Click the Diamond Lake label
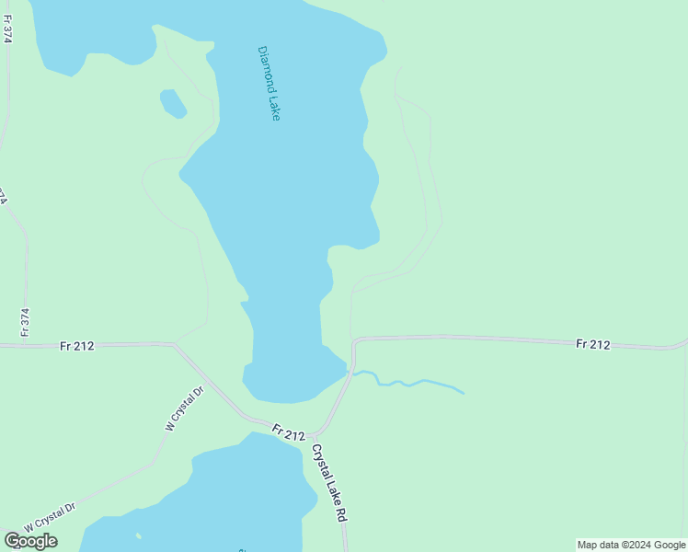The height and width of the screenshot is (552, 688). click(269, 84)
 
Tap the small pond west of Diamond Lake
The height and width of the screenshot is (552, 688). click(173, 103)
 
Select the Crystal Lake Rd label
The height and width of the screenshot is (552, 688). click(328, 483)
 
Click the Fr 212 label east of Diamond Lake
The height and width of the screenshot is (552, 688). click(593, 344)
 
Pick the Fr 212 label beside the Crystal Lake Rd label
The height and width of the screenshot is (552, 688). click(288, 432)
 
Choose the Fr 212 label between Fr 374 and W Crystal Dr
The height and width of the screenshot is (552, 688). click(77, 346)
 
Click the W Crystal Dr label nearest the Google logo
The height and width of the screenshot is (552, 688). click(50, 516)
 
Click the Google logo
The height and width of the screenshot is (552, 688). click(30, 541)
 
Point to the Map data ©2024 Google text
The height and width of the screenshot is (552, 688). click(631, 545)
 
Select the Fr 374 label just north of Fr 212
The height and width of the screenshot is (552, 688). click(26, 320)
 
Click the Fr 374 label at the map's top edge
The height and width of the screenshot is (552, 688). click(8, 33)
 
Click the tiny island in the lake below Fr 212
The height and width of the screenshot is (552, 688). click(138, 536)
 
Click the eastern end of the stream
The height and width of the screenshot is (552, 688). click(463, 393)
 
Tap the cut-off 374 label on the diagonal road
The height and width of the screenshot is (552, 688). click(4, 197)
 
